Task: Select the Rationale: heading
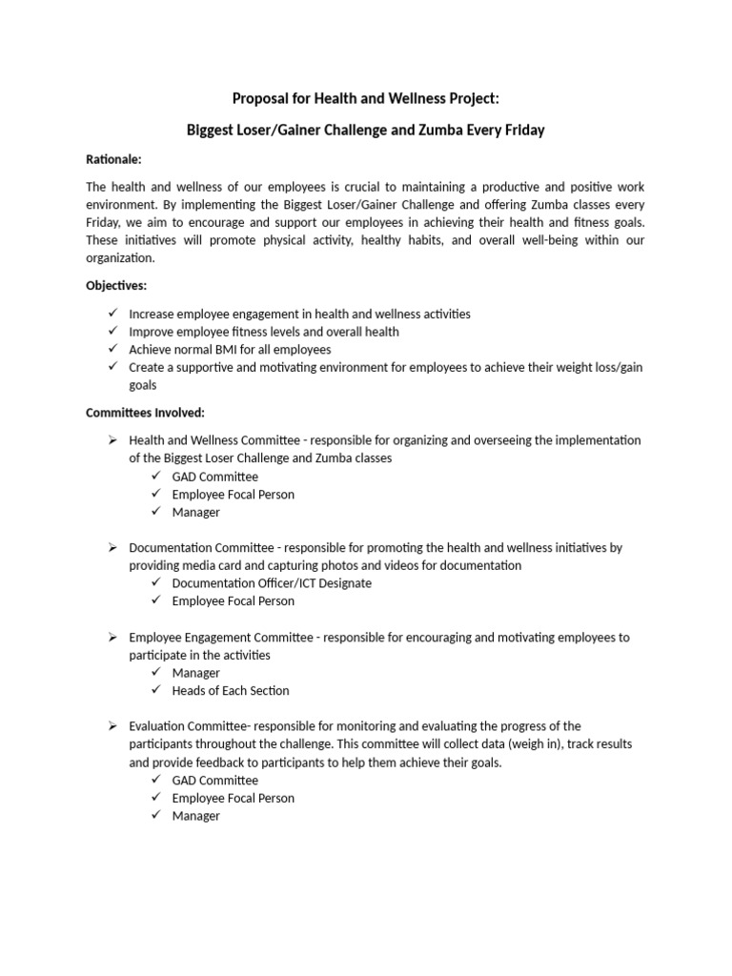pyautogui.click(x=113, y=159)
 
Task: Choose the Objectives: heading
pyautogui.click(x=116, y=285)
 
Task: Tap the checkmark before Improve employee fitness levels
pyautogui.click(x=113, y=332)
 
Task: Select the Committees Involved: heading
pyautogui.click(x=145, y=413)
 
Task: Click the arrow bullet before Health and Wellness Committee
pyautogui.click(x=112, y=440)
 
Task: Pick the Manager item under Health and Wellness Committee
pyautogui.click(x=196, y=512)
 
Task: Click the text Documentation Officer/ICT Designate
pyautogui.click(x=272, y=583)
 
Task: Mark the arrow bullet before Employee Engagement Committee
pyautogui.click(x=112, y=637)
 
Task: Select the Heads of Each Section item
pyautogui.click(x=231, y=690)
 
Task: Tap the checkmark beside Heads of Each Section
pyautogui.click(x=156, y=690)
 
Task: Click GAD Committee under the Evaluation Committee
pyautogui.click(x=215, y=780)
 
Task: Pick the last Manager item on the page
pyautogui.click(x=196, y=816)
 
